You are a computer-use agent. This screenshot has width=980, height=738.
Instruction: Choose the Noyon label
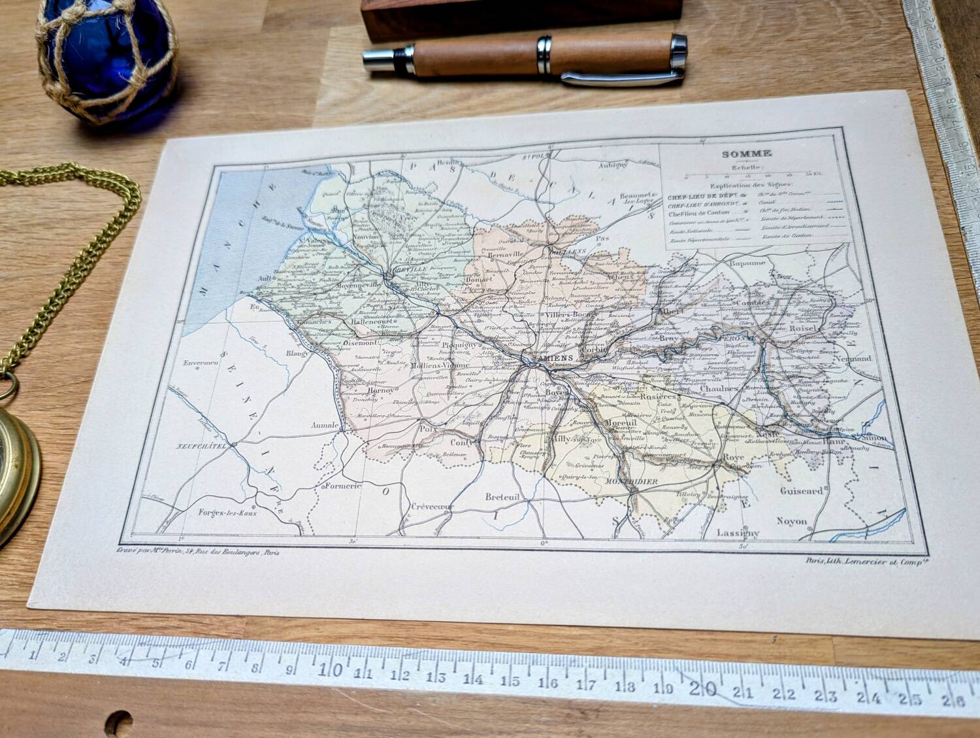pos(792,521)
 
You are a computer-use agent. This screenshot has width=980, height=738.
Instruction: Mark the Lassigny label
pos(738,532)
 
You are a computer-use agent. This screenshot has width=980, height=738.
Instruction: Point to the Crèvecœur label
pos(432,507)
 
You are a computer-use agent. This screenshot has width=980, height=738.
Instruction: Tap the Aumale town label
pos(324,425)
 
